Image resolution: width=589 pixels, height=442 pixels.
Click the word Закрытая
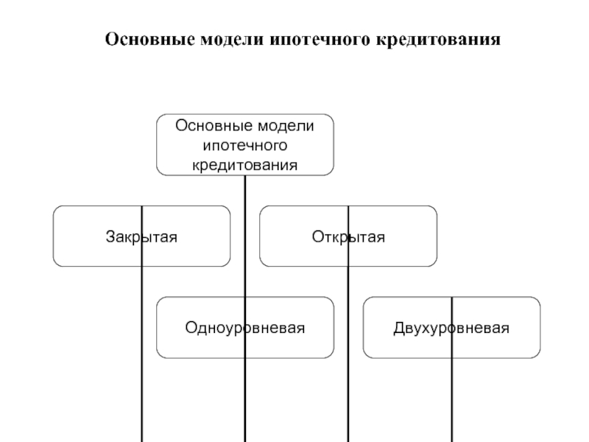coord(141,237)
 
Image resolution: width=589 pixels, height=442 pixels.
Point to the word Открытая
coord(348,237)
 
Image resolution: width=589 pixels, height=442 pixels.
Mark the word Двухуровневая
coord(451,328)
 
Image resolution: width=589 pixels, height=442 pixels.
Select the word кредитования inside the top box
coord(245,164)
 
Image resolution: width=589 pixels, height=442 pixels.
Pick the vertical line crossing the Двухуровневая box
coord(451,398)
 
